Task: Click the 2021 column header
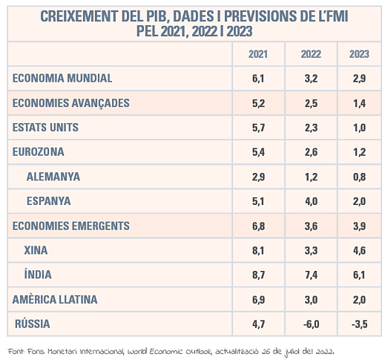click(x=258, y=54)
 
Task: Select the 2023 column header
click(x=359, y=54)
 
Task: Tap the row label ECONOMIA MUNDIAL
click(x=62, y=78)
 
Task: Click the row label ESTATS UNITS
click(x=45, y=128)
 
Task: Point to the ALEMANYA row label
click(x=53, y=177)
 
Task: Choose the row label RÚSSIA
click(x=33, y=324)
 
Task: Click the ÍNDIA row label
click(x=38, y=275)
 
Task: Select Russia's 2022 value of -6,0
click(x=311, y=324)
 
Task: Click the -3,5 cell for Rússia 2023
click(x=359, y=324)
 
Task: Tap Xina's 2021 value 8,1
click(x=258, y=251)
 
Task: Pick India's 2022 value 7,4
click(x=311, y=275)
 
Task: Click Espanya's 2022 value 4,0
click(x=311, y=201)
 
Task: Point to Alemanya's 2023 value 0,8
click(x=359, y=177)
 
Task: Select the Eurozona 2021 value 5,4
click(x=258, y=152)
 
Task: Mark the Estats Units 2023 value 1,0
click(x=359, y=128)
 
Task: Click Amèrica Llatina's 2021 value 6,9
click(x=258, y=300)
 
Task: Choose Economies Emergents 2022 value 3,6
click(x=311, y=226)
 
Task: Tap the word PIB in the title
click(x=157, y=16)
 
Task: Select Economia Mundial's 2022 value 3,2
click(x=311, y=79)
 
